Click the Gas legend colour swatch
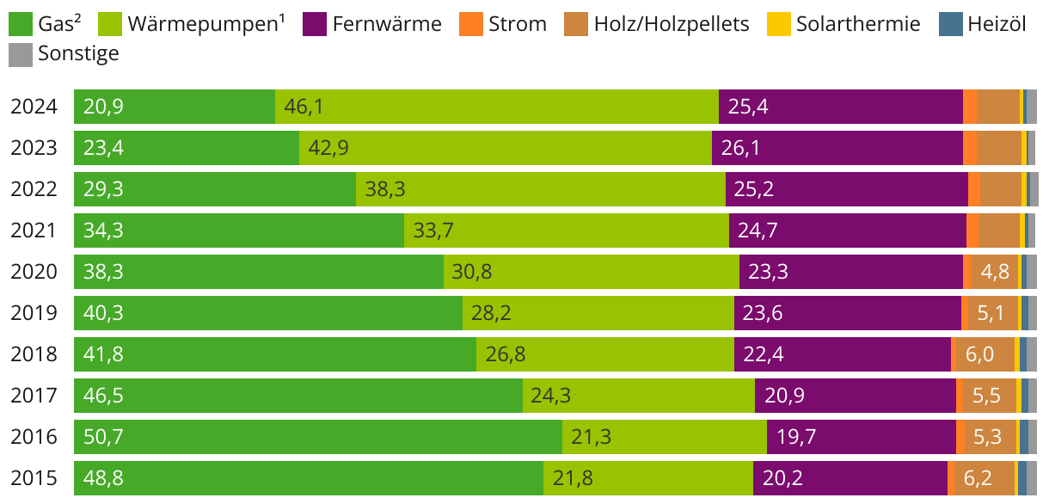click(21, 23)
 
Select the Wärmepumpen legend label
click(206, 23)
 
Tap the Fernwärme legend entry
click(386, 23)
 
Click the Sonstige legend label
click(78, 54)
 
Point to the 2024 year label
click(34, 107)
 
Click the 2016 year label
click(34, 437)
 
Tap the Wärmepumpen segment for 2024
click(497, 107)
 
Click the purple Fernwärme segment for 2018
click(843, 354)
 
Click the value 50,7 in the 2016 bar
click(103, 437)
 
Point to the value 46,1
click(304, 107)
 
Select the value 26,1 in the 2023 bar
click(740, 148)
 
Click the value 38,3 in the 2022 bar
click(385, 189)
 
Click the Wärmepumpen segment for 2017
click(639, 396)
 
